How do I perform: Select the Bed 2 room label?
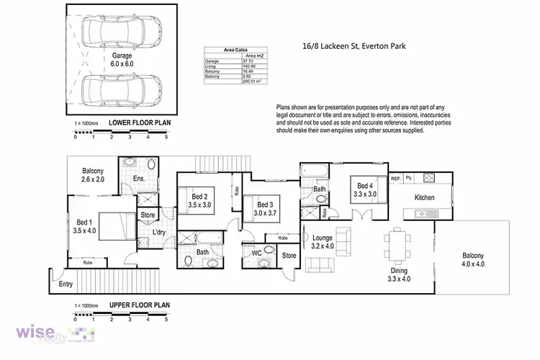199,201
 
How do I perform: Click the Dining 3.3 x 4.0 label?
398,274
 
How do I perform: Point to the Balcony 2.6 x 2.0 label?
93,175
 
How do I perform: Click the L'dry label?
159,233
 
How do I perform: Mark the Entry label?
66,284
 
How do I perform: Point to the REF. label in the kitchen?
395,177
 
